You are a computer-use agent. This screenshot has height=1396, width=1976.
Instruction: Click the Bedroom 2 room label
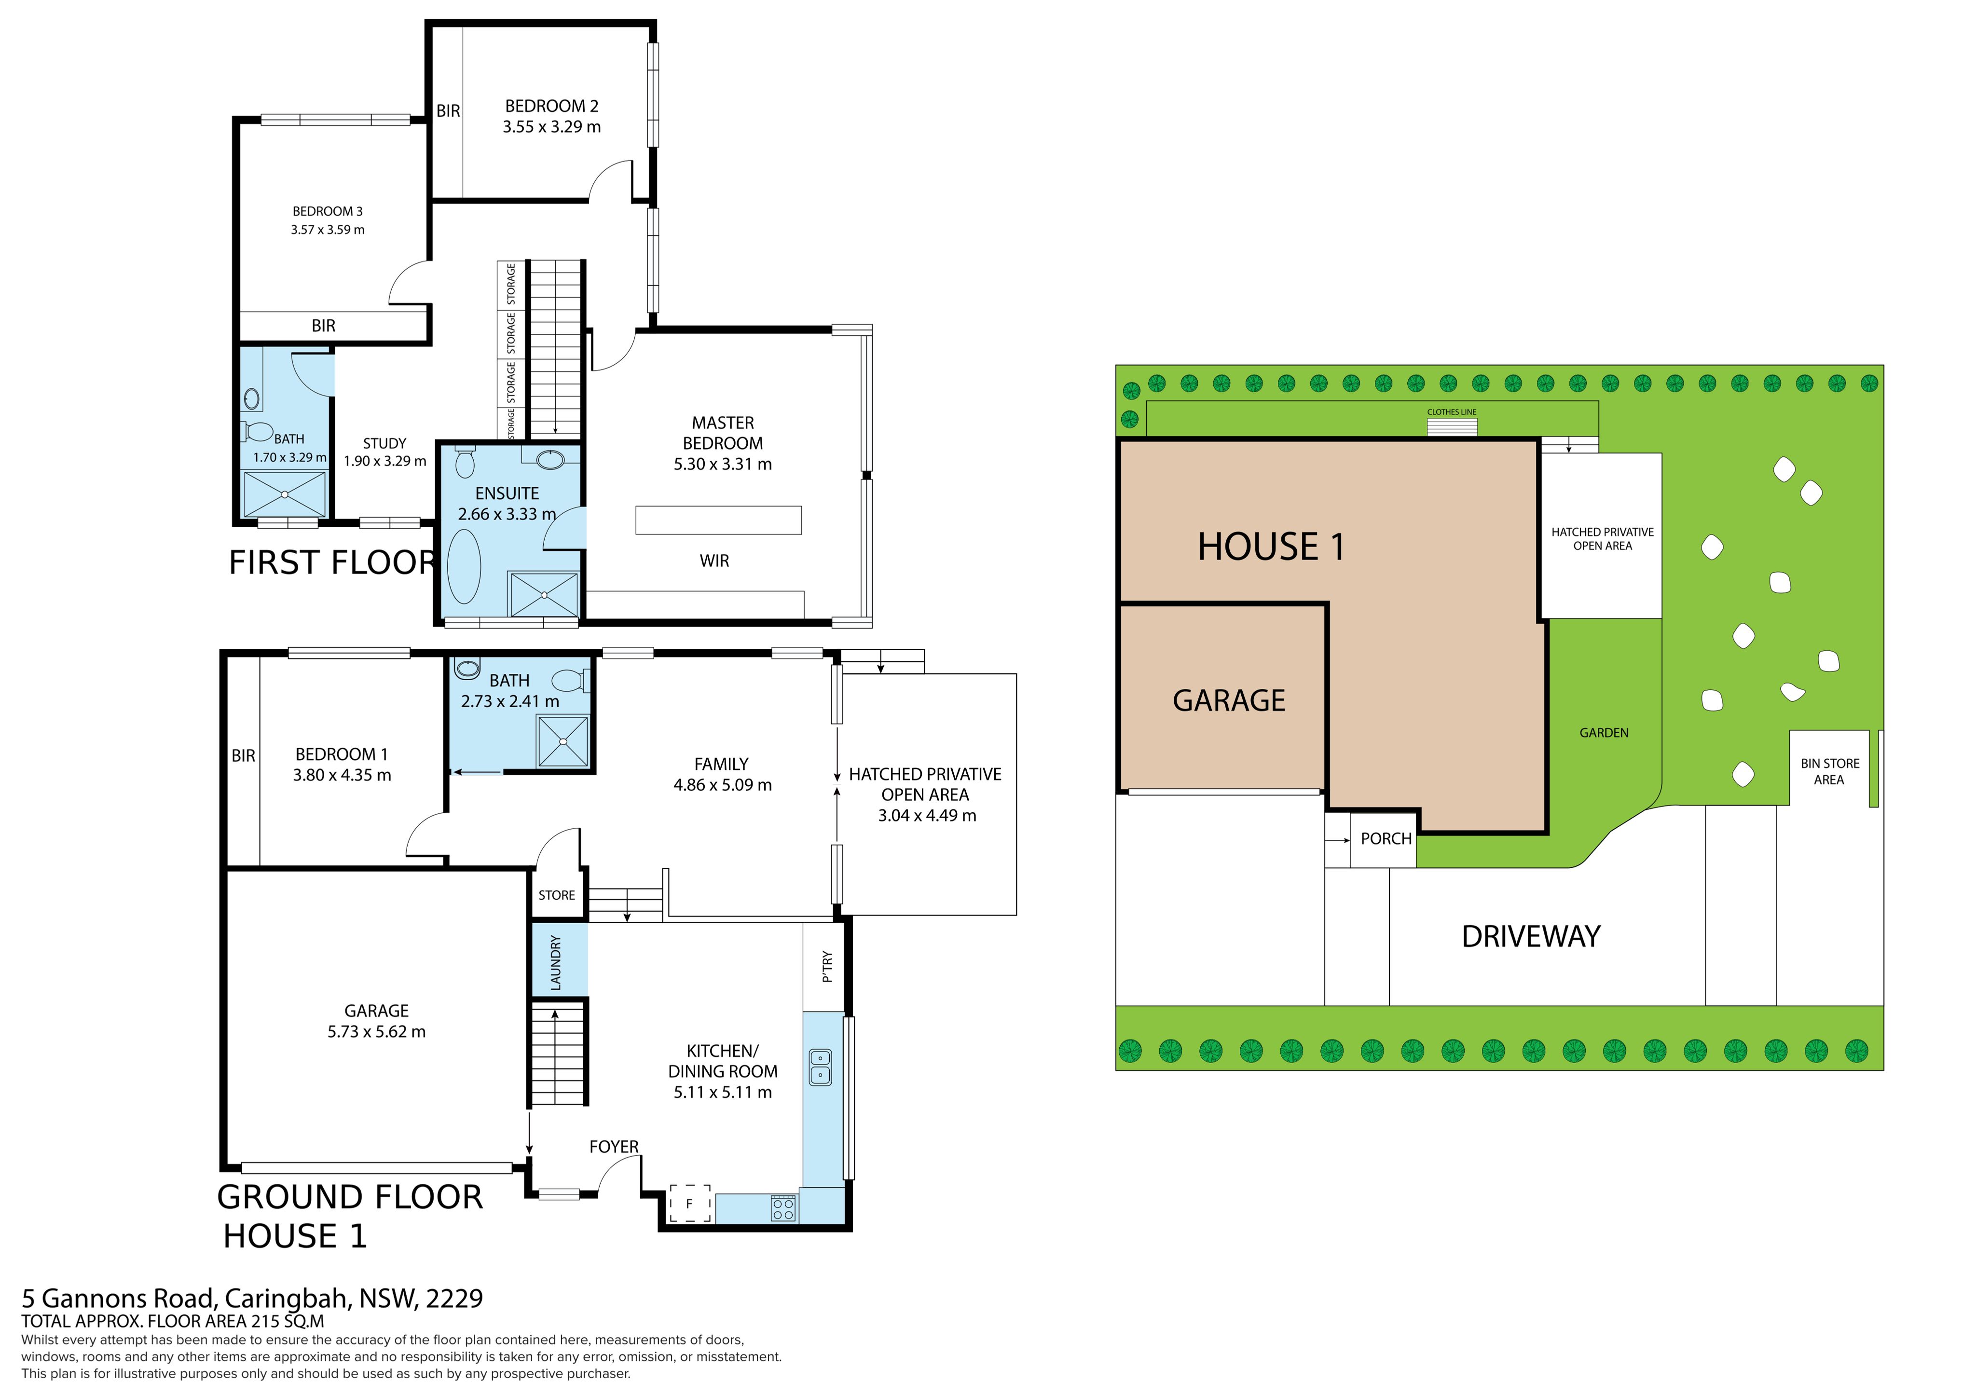(x=552, y=106)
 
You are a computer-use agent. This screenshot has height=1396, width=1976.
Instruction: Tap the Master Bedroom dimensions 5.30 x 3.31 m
(x=723, y=464)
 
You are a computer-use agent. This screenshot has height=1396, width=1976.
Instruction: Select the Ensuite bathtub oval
(x=465, y=566)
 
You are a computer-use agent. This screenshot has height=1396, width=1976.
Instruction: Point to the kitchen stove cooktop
(x=783, y=1208)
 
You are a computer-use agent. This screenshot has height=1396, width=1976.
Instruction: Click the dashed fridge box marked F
(x=689, y=1203)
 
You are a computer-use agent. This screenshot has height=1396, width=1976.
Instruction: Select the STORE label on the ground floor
(x=557, y=895)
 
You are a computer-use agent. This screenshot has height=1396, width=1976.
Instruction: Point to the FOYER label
(x=614, y=1147)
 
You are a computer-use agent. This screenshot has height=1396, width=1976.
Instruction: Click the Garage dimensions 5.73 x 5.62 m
(x=376, y=1031)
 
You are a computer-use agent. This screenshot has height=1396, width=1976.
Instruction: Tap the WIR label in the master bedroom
(x=714, y=561)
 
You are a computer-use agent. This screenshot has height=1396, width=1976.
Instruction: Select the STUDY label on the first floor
(x=384, y=443)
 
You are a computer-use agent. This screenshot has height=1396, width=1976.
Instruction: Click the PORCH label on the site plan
(x=1386, y=838)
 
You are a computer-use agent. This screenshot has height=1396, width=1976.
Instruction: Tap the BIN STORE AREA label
(x=1830, y=771)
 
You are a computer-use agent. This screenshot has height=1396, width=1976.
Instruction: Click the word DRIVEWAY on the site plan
(x=1531, y=936)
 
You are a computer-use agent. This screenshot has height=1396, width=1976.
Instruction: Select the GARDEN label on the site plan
(x=1604, y=732)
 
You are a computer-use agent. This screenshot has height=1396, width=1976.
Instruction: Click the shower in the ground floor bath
(x=563, y=741)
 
